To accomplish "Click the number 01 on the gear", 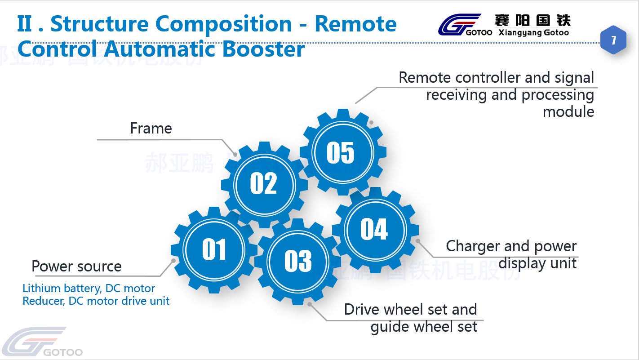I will click(x=214, y=249).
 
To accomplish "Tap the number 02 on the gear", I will click(x=263, y=183).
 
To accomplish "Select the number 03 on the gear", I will click(x=298, y=261).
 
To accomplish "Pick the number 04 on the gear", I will click(x=374, y=229).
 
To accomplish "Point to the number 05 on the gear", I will click(x=341, y=153).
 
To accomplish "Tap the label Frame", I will click(x=151, y=129).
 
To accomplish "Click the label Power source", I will click(x=76, y=267).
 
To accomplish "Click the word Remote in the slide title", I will click(x=355, y=24).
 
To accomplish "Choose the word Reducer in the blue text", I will click(x=43, y=301).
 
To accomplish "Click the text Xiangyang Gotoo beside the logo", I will click(x=534, y=32).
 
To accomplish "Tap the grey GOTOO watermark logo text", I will click(x=63, y=352).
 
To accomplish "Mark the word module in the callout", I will click(x=568, y=111).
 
